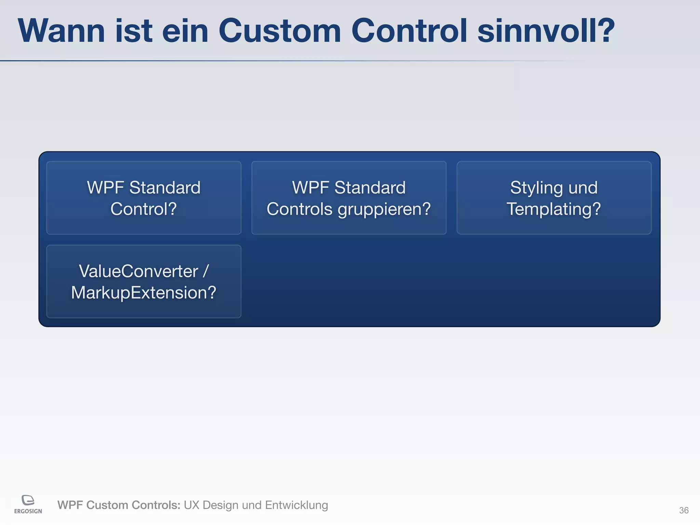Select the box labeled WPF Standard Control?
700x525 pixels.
point(144,198)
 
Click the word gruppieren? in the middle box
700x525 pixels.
point(384,209)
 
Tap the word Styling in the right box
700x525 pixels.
point(536,188)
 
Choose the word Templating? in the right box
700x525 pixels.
point(554,209)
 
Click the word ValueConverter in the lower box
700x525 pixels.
point(138,271)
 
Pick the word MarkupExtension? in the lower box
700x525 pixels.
point(144,293)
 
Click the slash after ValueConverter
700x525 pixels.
point(205,271)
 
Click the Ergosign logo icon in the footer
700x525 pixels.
point(28,500)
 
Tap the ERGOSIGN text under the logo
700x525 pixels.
point(28,511)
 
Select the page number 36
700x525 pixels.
point(684,510)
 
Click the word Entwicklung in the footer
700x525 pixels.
point(296,505)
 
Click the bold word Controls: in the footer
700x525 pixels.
point(157,505)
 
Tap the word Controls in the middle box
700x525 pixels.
point(299,209)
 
